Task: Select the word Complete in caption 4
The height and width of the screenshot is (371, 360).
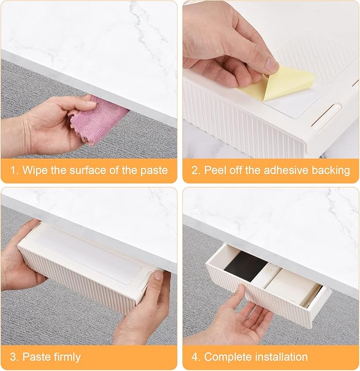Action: click(x=225, y=357)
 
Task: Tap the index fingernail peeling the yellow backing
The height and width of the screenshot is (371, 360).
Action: click(x=271, y=65)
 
